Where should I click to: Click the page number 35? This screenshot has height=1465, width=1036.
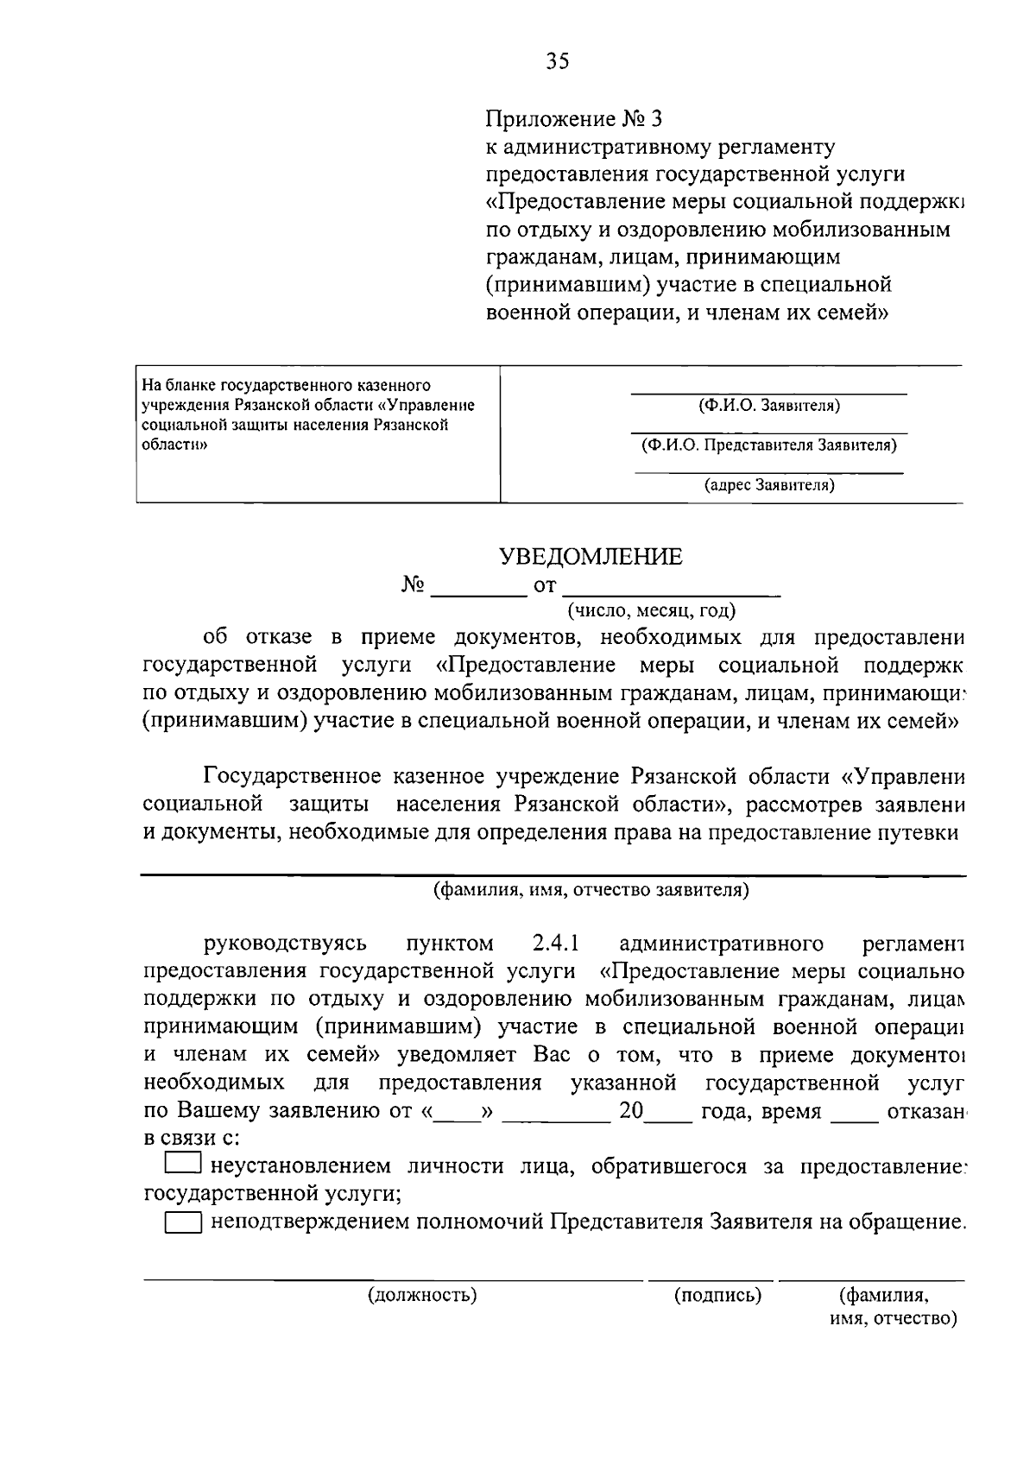(558, 61)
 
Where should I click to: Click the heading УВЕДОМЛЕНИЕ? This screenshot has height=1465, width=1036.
(591, 557)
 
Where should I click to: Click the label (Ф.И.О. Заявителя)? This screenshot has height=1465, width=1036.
(768, 406)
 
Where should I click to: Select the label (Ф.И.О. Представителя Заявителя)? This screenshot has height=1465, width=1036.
(768, 445)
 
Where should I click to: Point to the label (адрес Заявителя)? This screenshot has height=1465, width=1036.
(768, 485)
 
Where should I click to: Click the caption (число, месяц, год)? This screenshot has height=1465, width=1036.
(651, 611)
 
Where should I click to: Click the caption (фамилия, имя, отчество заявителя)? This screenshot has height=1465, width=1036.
(591, 890)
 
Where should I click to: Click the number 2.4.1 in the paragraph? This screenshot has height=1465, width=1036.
(555, 943)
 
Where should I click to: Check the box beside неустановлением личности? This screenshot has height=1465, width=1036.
(182, 1165)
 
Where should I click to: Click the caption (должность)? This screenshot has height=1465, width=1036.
(422, 1295)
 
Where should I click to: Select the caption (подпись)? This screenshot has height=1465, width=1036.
(717, 1295)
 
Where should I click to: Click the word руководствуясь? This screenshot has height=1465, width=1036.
(285, 943)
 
